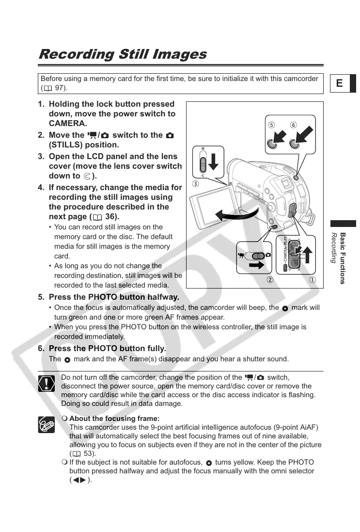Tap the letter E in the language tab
pos(339,83)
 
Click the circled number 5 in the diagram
pos(272,125)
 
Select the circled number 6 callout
pos(294,125)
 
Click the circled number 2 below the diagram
pos(270,279)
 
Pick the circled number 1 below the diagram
pos(313,279)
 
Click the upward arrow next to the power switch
pos(306,252)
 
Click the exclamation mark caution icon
pos(47,384)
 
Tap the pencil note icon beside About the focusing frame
pos(47,424)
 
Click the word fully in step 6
pos(155,349)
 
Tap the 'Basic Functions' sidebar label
pos(343,258)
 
